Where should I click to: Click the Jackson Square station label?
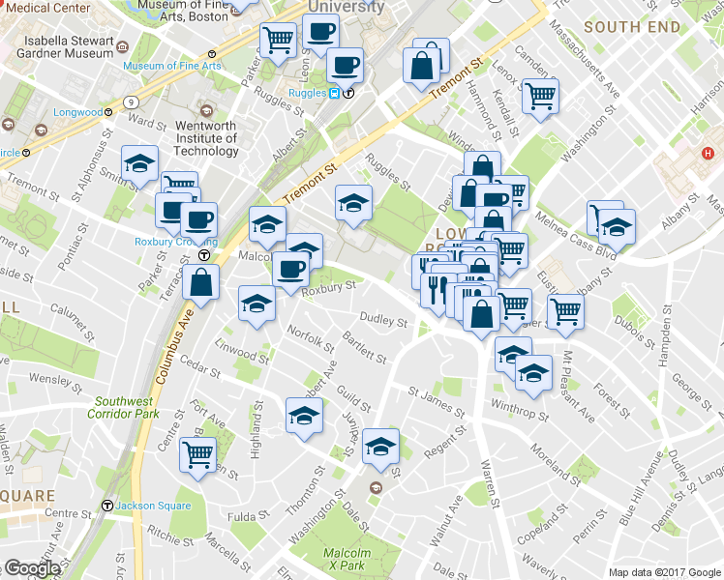[x=146, y=506]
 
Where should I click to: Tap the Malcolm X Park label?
[x=346, y=558]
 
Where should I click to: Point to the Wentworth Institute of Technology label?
[x=206, y=137]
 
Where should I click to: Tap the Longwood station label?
[x=77, y=112]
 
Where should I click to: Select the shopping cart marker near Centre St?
[x=198, y=451]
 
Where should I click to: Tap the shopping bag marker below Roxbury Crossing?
[x=200, y=282]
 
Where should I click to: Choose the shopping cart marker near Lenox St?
[x=540, y=94]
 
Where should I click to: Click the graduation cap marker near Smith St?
[x=139, y=161]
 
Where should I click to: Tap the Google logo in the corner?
[x=32, y=568]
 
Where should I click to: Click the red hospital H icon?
[x=708, y=153]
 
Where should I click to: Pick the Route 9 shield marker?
[x=129, y=101]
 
